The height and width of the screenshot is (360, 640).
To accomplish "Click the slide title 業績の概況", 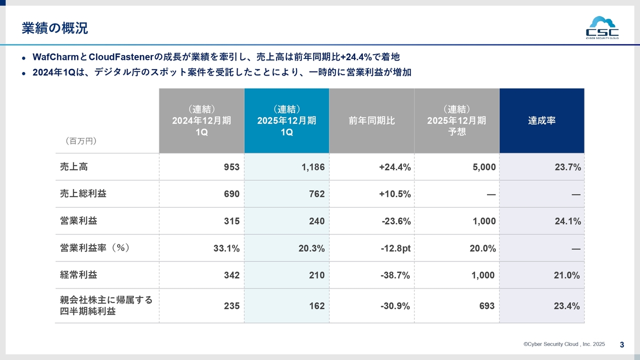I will click(x=55, y=28).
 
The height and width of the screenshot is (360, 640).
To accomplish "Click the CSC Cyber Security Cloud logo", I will click(x=602, y=27).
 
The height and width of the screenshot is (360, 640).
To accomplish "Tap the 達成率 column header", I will click(x=541, y=120).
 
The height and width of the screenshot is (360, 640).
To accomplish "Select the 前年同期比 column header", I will click(x=371, y=120).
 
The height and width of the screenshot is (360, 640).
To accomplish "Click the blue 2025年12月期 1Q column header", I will click(x=286, y=120).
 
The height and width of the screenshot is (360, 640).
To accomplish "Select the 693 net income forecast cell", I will click(x=486, y=306).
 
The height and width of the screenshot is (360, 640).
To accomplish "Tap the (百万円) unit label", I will click(x=80, y=141).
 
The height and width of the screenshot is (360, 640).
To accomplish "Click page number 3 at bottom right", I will click(x=621, y=344).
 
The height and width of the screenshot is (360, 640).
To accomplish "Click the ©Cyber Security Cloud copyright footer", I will click(x=564, y=344).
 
